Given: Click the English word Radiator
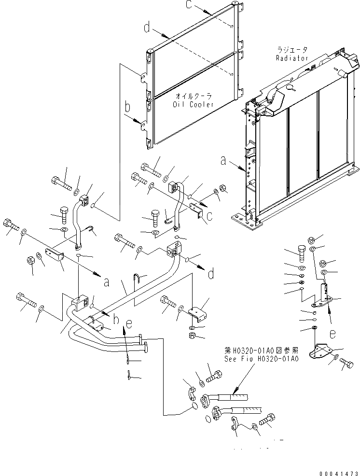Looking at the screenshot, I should [291, 58].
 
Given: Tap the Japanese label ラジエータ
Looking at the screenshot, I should [291, 50].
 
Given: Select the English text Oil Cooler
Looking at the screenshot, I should [194, 104].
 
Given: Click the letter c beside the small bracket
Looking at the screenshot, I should [210, 217].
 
